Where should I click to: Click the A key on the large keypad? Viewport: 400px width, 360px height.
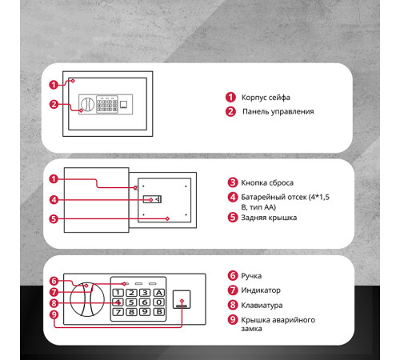[159, 293]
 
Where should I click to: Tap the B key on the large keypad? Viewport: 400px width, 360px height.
[159, 311]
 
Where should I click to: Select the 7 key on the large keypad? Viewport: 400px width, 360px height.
[118, 311]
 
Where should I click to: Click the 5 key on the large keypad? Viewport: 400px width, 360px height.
[131, 302]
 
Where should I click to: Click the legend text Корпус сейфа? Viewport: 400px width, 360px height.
[266, 98]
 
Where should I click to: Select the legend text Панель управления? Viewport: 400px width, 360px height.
[278, 111]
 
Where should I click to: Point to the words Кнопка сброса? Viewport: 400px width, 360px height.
[267, 182]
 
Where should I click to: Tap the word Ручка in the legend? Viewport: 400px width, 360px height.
[251, 276]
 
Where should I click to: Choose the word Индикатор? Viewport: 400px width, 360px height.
[261, 290]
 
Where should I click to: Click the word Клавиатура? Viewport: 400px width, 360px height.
[262, 305]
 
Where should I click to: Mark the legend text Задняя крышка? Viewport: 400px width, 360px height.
[269, 218]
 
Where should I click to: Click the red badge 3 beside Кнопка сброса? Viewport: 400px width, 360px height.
[233, 182]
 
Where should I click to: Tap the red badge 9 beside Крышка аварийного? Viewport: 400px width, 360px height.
[233, 319]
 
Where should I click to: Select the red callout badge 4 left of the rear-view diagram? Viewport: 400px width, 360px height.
[54, 200]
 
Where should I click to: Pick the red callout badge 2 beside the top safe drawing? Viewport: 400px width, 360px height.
[54, 104]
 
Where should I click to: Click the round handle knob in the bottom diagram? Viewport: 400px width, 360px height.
[87, 299]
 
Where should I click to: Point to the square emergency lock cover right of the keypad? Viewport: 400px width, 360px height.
[182, 299]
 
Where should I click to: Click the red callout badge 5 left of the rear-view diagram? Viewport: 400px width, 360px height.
[54, 219]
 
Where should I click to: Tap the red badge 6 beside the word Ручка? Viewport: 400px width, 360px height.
[233, 275]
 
